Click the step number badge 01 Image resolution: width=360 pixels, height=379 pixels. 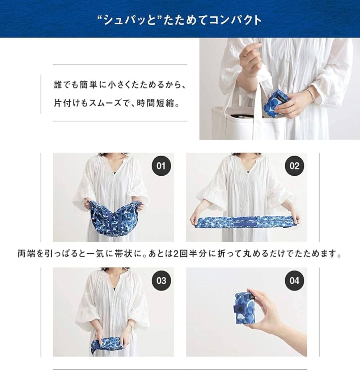click(161, 166)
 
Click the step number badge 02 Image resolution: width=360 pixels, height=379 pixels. click(294, 166)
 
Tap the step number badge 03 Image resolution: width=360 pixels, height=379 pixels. click(161, 280)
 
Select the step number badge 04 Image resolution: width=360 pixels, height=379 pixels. click(294, 280)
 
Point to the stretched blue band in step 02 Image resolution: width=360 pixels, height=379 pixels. click(244, 221)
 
